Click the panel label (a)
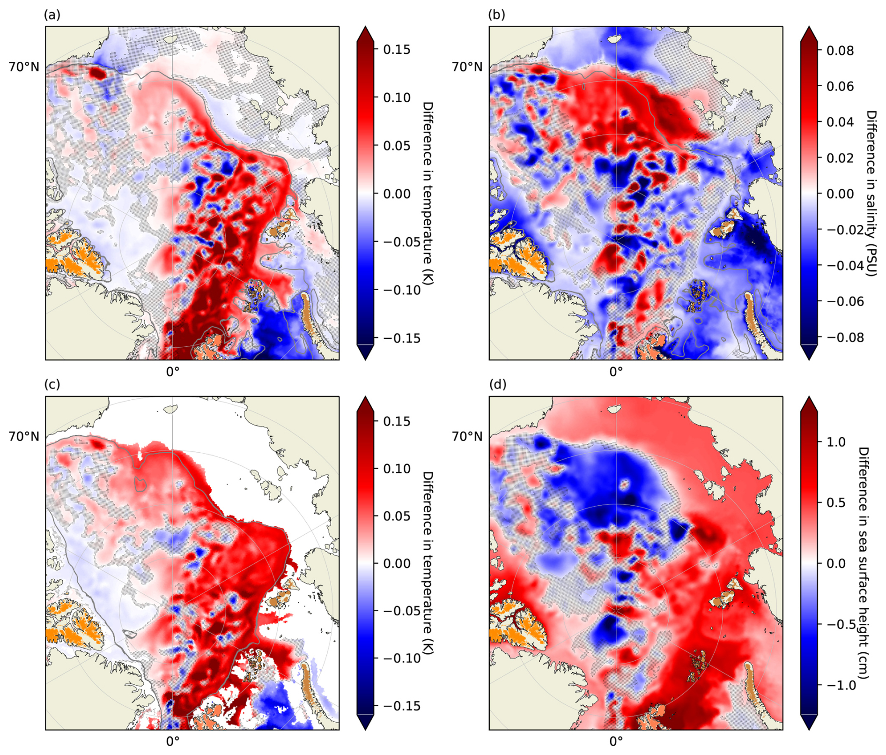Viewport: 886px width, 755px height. point(52,15)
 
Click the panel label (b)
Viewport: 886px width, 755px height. point(496,15)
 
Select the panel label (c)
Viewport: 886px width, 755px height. point(52,385)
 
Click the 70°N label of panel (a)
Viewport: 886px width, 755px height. point(24,67)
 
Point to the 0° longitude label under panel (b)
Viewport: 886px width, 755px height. point(616,372)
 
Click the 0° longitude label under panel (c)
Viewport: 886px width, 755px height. point(173,741)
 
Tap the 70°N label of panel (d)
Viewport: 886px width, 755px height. point(467,437)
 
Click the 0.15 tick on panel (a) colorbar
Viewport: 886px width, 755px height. point(397,50)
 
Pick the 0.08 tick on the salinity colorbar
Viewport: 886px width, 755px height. point(840,50)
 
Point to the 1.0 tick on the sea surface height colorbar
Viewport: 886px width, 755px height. point(836,442)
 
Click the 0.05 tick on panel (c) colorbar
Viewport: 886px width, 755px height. point(397,516)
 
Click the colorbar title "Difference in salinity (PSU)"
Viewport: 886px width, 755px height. point(871,193)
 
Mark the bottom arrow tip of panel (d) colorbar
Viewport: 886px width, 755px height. point(809,729)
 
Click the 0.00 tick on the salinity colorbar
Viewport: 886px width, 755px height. point(840,194)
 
